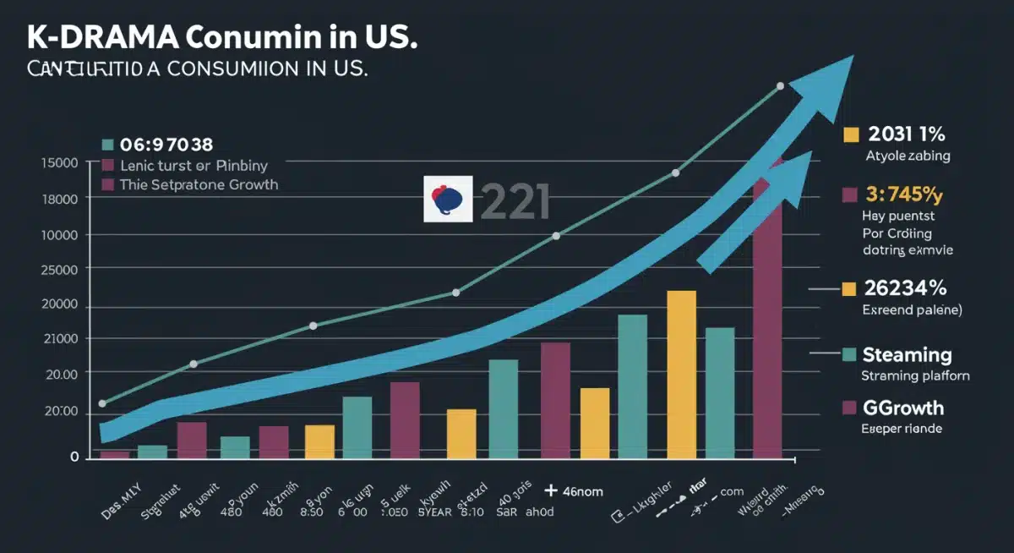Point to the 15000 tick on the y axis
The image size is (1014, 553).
point(60,163)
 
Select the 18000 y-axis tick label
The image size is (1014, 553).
point(60,199)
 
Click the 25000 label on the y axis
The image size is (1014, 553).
point(60,270)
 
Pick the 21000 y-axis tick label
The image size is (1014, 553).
point(60,339)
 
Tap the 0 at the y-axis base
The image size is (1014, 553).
point(74,457)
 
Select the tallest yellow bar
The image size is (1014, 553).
point(681,374)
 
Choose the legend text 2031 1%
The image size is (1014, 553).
point(906,134)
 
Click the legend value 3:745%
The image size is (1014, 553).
point(903,195)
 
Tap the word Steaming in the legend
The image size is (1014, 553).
point(908,355)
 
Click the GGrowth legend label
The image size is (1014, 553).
point(903,408)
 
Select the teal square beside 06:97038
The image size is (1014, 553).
point(107,144)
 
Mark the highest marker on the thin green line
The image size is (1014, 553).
point(780,86)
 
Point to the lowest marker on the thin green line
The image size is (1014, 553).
point(103,404)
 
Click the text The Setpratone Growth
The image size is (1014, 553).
point(199,183)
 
